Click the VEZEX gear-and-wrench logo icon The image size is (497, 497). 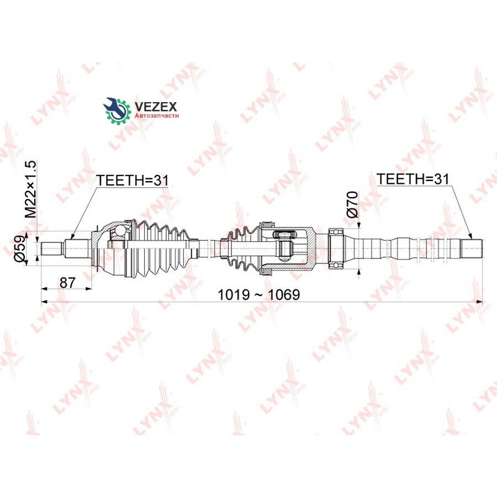pyautogui.click(x=117, y=110)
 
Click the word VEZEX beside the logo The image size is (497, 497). pyautogui.click(x=156, y=106)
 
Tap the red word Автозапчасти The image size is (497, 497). pyautogui.click(x=157, y=116)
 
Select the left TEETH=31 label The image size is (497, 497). pyautogui.click(x=132, y=180)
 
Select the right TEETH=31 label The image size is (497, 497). pyautogui.click(x=413, y=179)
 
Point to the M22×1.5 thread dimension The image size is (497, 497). pyautogui.click(x=31, y=189)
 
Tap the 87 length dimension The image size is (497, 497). pyautogui.click(x=67, y=282)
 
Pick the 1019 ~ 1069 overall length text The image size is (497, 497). pyautogui.click(x=258, y=295)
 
